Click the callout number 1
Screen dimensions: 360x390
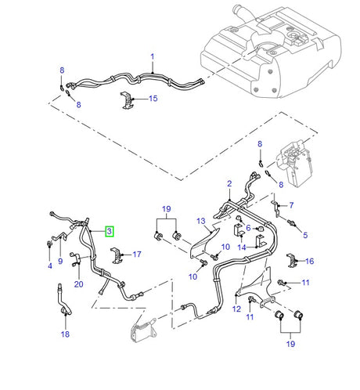[x=153, y=57]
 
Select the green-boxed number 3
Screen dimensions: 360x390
[x=110, y=231]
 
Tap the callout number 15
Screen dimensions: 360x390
[x=153, y=99]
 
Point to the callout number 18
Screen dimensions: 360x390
[x=65, y=334]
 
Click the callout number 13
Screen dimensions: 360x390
[x=201, y=221]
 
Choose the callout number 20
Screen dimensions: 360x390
[x=79, y=284]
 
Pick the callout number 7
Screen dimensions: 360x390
[x=291, y=205]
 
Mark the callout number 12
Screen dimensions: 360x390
[x=236, y=309]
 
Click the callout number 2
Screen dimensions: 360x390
[x=229, y=184]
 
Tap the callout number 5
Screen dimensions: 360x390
[x=305, y=235]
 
